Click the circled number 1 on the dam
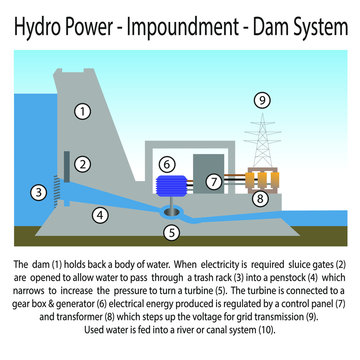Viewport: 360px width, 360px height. coord(83,111)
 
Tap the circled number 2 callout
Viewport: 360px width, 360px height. coord(83,163)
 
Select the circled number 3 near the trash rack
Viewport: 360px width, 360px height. coord(39,190)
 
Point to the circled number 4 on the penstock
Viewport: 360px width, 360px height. coord(99,213)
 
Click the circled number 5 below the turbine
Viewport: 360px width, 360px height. coord(172,233)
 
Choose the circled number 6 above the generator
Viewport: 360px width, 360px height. coord(167,162)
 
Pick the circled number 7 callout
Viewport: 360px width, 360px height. coord(214,182)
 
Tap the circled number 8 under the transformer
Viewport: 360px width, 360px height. coord(261,198)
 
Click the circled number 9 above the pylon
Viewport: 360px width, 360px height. coord(262,100)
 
